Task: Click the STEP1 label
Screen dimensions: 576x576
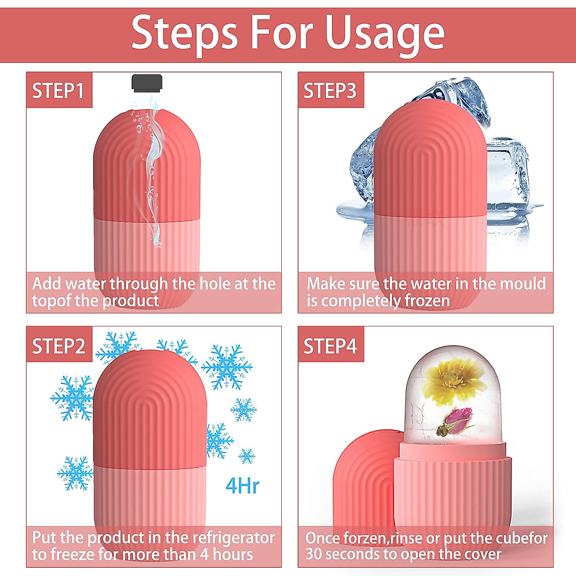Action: pos(58,91)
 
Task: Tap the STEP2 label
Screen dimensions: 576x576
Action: pos(58,346)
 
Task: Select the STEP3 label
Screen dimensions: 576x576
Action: pos(330,91)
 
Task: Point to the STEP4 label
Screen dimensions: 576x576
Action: pos(330,346)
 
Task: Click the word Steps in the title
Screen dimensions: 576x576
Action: pos(185,33)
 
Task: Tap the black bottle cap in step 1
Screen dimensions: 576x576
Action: pos(147,83)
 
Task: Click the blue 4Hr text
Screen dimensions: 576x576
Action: pos(242,486)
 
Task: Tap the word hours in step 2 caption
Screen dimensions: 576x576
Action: pos(233,555)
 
